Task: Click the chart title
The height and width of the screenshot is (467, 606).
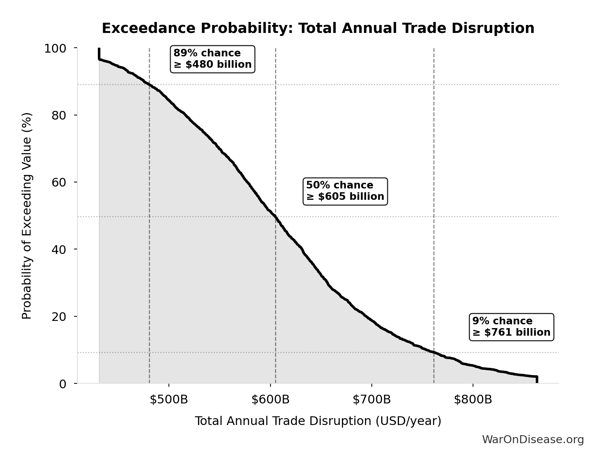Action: (x=318, y=28)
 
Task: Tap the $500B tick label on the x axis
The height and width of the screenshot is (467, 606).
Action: (x=169, y=400)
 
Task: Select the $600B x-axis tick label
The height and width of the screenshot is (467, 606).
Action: (x=271, y=400)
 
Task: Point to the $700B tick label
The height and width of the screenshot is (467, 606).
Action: (x=372, y=400)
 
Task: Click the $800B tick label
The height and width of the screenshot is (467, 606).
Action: (x=473, y=400)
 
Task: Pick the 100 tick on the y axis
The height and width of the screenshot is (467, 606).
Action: (x=55, y=48)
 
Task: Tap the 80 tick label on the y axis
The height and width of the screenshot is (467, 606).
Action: (x=59, y=115)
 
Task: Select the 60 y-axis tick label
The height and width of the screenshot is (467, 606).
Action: (x=59, y=182)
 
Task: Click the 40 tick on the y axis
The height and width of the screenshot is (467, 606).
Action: (x=59, y=249)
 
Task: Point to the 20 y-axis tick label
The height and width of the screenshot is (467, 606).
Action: (x=59, y=317)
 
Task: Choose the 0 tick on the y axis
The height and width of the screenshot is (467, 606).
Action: (x=63, y=384)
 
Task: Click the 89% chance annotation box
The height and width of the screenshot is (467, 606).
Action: (x=213, y=59)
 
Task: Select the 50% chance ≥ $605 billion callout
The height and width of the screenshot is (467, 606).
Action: (x=345, y=191)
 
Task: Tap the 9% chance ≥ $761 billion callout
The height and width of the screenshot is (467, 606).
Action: (x=511, y=327)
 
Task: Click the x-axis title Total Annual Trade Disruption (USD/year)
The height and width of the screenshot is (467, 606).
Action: (x=318, y=421)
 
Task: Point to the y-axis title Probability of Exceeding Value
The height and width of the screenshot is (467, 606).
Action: (x=27, y=216)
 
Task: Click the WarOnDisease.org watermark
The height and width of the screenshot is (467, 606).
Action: (x=533, y=440)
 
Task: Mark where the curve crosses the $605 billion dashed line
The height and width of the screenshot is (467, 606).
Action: (x=275, y=217)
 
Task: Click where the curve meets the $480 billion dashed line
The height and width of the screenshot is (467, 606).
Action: (x=150, y=84)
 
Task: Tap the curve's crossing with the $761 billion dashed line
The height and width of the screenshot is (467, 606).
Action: (x=434, y=352)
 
